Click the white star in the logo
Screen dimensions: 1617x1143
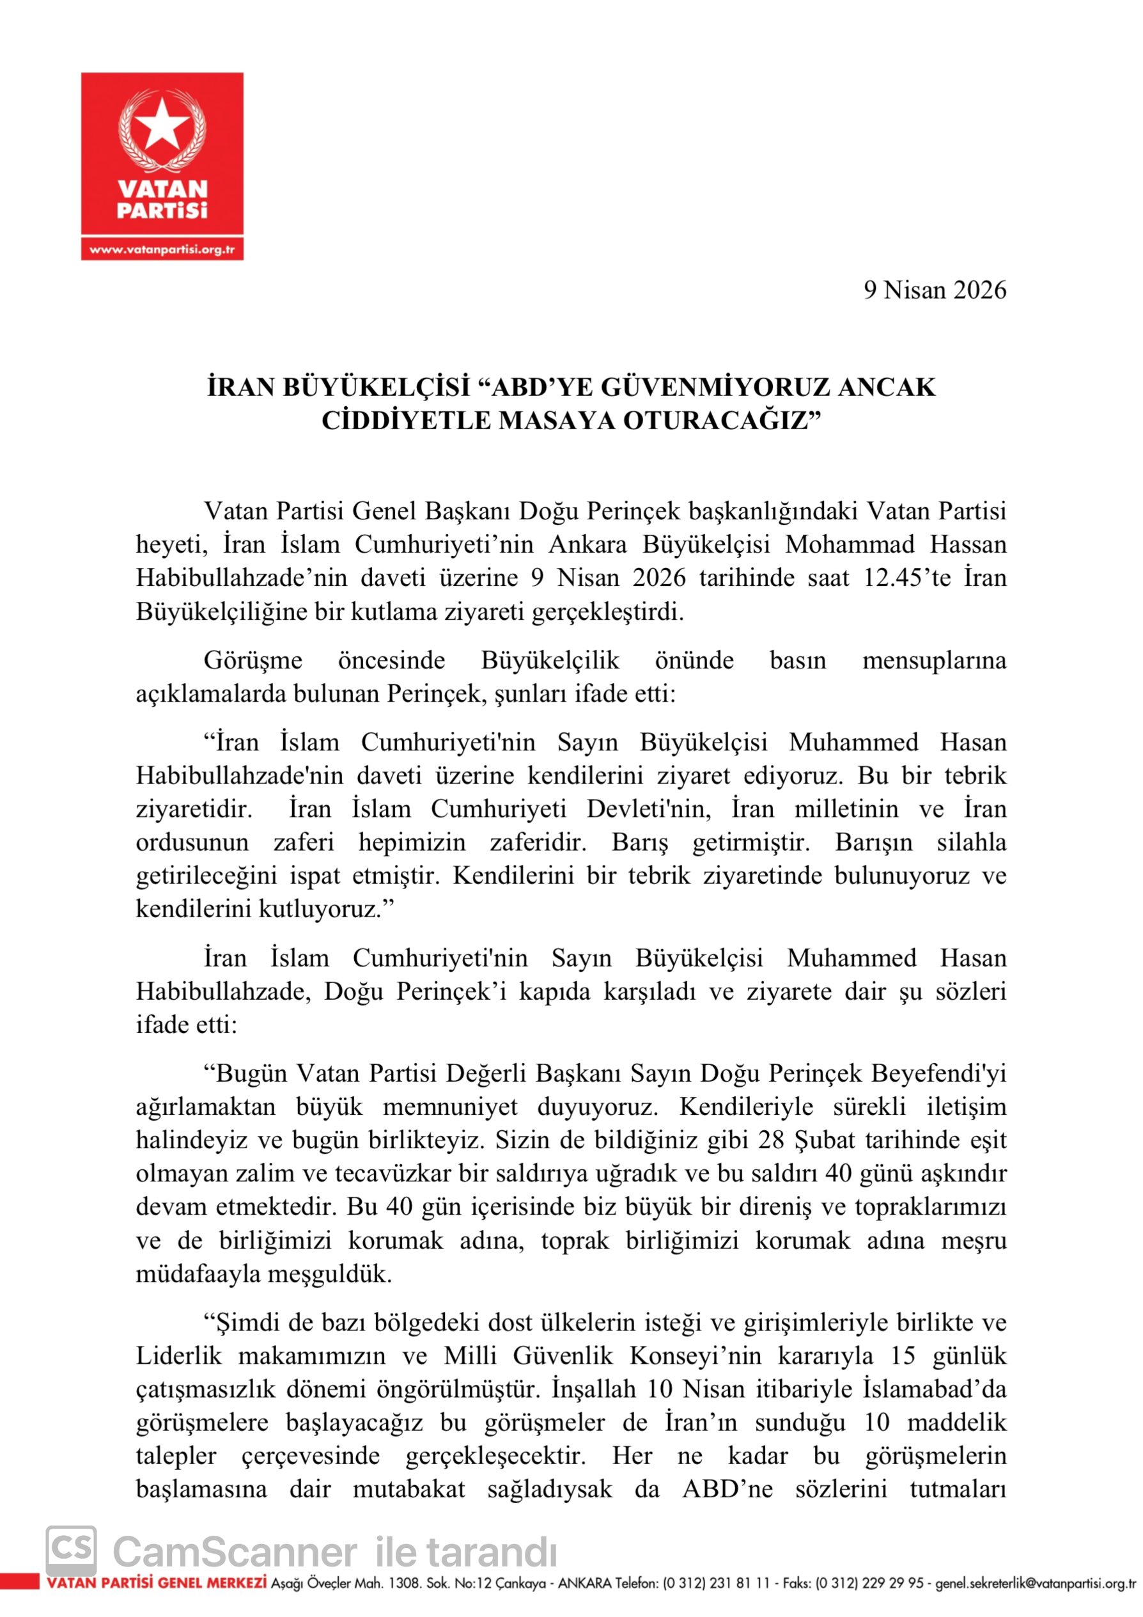[162, 128]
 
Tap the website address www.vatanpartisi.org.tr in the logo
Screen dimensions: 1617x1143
[162, 249]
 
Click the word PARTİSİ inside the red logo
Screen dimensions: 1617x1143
[162, 210]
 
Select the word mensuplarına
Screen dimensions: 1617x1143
[934, 660]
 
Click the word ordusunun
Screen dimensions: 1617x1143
[192, 842]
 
